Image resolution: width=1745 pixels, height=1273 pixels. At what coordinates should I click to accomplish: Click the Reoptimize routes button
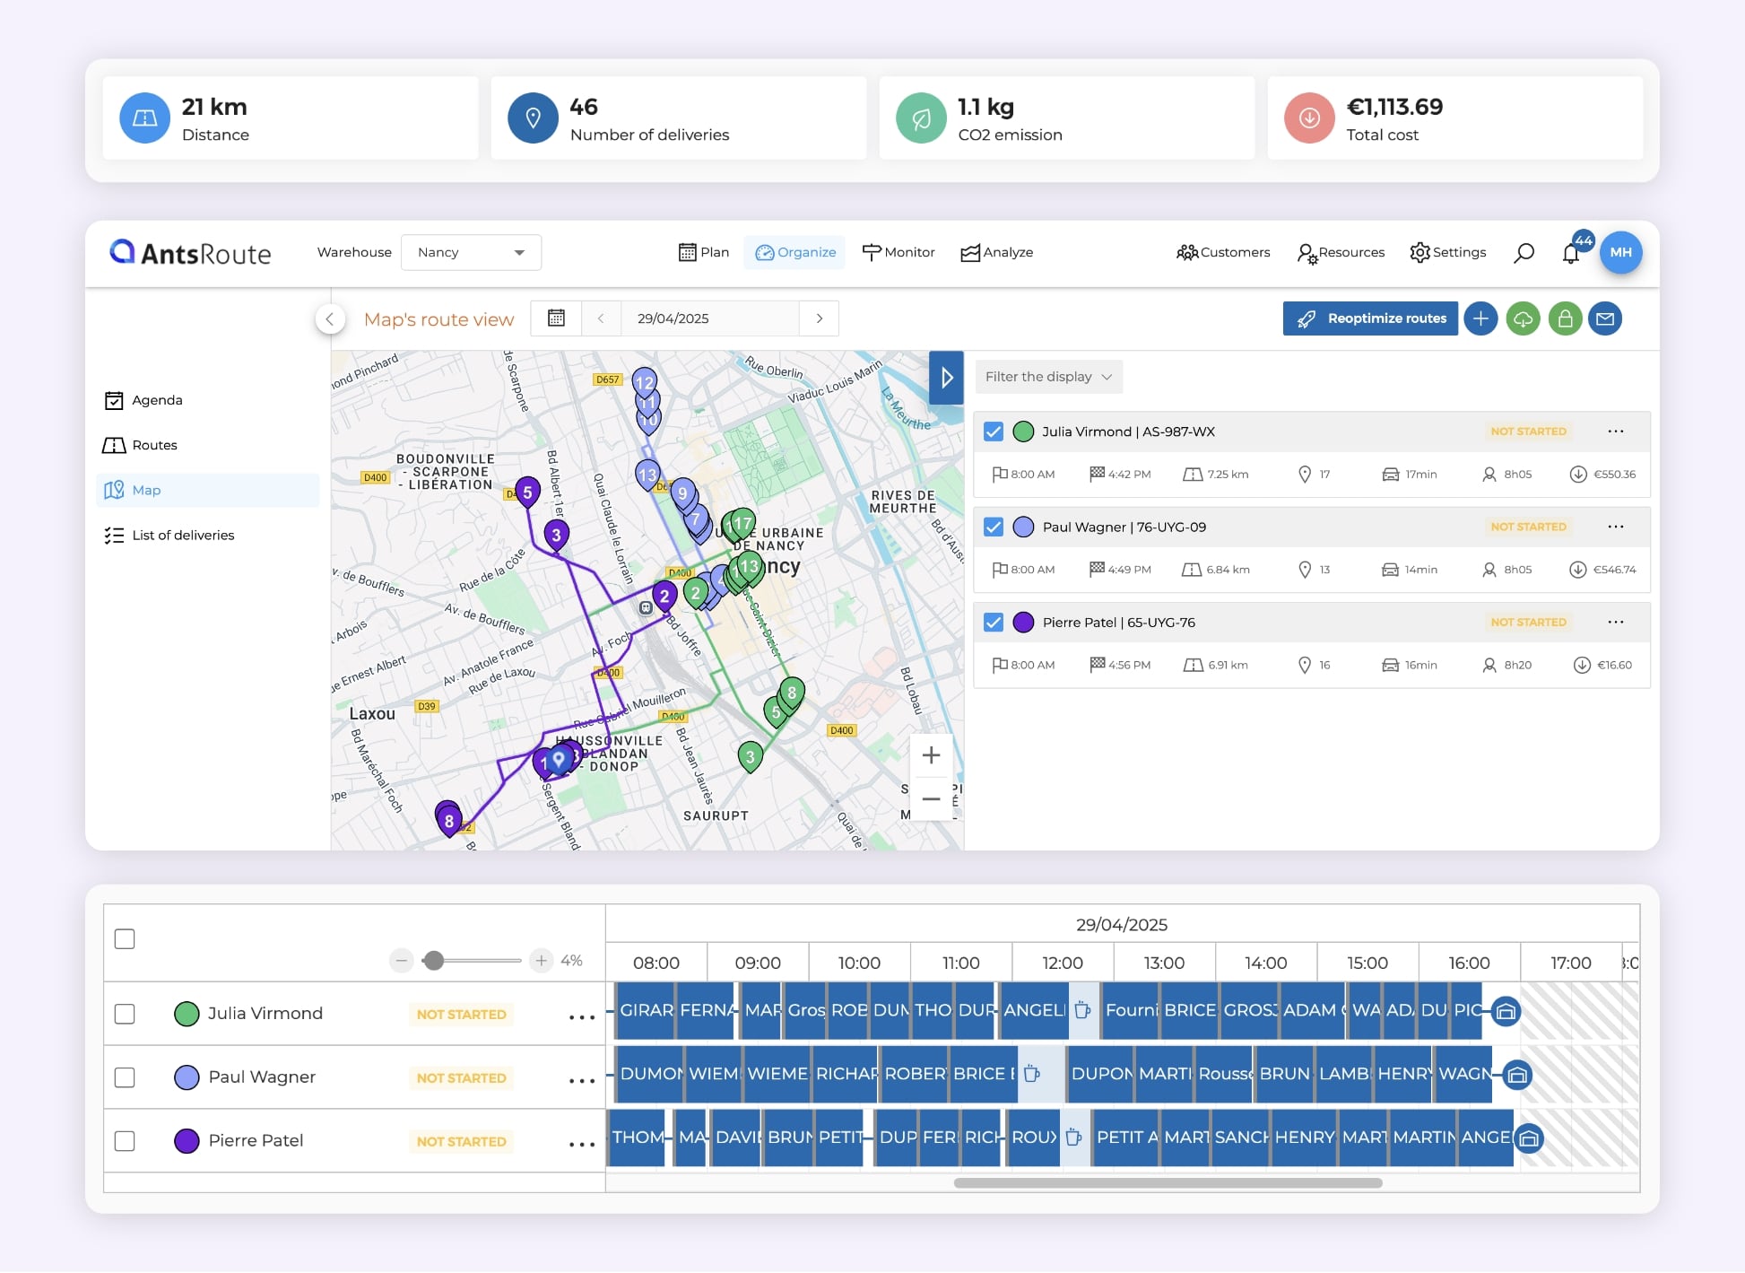click(1370, 318)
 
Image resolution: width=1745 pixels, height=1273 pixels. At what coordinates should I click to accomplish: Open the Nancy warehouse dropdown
click(471, 252)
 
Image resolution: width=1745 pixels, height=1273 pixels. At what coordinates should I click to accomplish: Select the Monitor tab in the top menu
click(899, 252)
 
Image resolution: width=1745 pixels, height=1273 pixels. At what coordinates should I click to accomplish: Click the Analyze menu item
click(997, 252)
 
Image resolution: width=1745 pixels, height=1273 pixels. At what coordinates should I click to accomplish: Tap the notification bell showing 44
click(1571, 253)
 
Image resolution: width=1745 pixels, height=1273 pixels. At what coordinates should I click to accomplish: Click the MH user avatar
click(1620, 252)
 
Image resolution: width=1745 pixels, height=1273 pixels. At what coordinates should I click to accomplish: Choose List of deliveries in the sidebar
click(183, 535)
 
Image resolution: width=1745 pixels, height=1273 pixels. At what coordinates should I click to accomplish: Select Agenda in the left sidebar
click(157, 400)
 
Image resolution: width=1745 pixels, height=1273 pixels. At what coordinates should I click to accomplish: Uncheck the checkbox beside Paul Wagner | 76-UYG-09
click(994, 527)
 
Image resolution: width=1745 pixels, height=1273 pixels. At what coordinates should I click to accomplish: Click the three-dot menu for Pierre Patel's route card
click(1616, 622)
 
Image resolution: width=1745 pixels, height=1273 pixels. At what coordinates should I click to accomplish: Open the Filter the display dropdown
click(1047, 377)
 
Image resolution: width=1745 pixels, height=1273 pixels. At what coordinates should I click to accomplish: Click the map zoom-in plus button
click(931, 755)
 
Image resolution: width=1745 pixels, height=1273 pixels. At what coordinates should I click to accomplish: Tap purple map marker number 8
click(448, 818)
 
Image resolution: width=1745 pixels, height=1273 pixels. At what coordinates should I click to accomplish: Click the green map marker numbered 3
click(751, 755)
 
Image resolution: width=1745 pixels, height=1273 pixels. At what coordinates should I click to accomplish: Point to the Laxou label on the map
click(372, 714)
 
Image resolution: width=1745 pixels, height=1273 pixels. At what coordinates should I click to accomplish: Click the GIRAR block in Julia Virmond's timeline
click(646, 1010)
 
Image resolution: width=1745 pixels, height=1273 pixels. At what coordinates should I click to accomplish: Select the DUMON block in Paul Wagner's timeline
click(650, 1074)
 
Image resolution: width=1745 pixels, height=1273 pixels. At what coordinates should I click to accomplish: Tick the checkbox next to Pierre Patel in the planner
click(125, 1141)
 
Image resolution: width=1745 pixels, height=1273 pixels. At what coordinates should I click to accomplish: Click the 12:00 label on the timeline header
click(1063, 963)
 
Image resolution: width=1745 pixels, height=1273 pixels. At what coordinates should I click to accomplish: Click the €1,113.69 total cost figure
click(1394, 107)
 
